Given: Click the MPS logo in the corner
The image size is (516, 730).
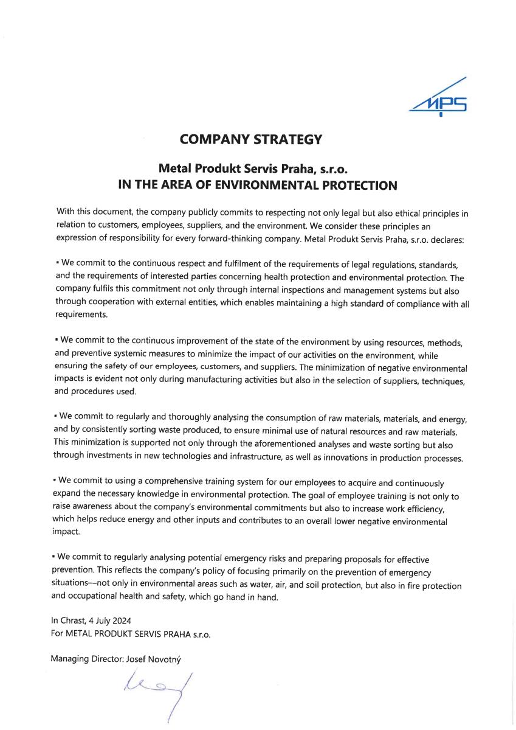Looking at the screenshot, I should point(439,98).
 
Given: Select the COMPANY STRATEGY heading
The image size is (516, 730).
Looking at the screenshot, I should point(250,139).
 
